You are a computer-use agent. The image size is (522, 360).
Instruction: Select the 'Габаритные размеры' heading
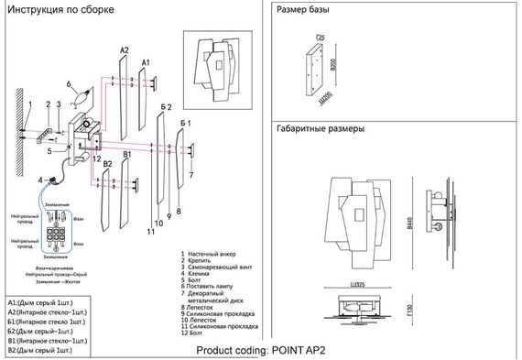click(321, 130)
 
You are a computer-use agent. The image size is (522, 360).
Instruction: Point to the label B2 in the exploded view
click(107, 163)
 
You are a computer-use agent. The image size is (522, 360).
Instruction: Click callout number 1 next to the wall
click(28, 104)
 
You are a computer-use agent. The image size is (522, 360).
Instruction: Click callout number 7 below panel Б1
click(190, 173)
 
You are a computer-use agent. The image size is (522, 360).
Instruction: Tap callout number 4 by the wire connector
click(40, 180)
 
